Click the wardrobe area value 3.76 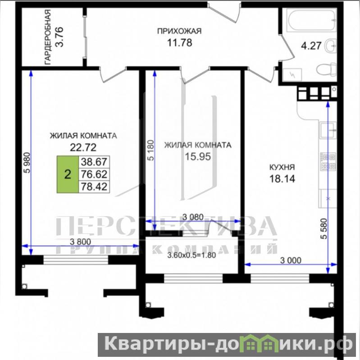(59, 37)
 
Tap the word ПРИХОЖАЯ (179, 31)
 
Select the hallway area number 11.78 (179, 43)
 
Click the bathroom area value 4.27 (311, 46)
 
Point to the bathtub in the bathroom (311, 20)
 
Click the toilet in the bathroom (327, 69)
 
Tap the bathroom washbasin (331, 46)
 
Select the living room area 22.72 (83, 147)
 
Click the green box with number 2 (68, 174)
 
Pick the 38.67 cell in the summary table (94, 162)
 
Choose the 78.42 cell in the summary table (94, 187)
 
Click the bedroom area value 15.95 (198, 157)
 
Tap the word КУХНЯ (282, 167)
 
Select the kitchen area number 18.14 (282, 178)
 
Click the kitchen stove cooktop (328, 162)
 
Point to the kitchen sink (328, 130)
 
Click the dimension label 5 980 (27, 162)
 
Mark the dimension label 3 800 (80, 242)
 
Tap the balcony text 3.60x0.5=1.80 (191, 255)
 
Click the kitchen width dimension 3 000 (291, 260)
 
